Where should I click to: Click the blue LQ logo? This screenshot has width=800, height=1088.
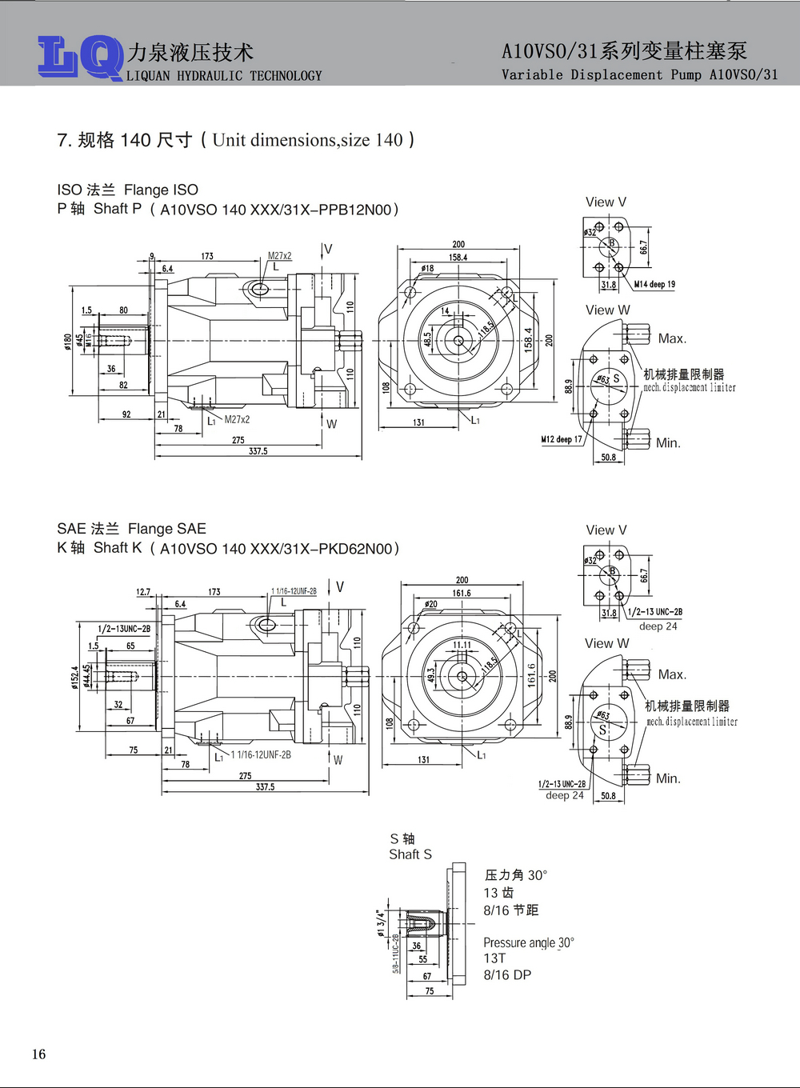point(80,58)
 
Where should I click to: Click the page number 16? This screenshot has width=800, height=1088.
point(39,1054)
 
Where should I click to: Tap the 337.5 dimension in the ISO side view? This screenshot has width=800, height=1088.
point(258,451)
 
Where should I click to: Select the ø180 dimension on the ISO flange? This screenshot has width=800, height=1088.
point(68,342)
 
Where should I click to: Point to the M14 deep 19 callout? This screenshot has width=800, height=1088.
point(654,284)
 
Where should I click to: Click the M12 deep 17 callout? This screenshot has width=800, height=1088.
point(562,439)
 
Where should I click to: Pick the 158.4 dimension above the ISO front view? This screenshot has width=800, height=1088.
point(458,258)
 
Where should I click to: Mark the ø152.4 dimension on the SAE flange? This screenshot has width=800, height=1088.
point(75,676)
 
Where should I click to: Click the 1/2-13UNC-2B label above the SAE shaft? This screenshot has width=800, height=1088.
point(124,629)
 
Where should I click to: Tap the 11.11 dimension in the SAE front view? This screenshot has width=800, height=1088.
point(462,645)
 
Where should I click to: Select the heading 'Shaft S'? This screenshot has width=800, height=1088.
point(410,854)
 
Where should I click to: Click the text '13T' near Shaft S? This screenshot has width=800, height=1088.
point(494,958)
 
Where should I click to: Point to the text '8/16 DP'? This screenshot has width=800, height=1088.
point(507,975)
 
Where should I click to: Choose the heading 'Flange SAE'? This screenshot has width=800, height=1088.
point(167,529)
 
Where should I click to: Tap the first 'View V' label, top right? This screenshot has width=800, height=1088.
point(606,202)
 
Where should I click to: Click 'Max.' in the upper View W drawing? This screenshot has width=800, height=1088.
point(672,339)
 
